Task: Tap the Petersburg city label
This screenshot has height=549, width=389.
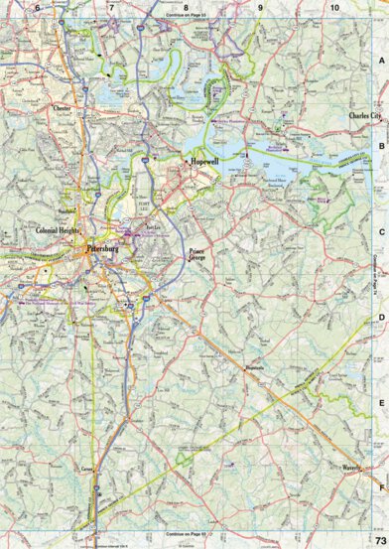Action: (102, 248)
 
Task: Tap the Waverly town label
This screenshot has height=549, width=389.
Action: (351, 467)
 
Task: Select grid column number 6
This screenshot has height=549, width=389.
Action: (38, 8)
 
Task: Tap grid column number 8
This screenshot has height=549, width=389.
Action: (186, 8)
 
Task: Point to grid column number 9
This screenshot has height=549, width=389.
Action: (260, 8)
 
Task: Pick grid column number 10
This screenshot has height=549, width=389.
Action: (334, 8)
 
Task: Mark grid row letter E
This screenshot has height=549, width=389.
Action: (381, 402)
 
